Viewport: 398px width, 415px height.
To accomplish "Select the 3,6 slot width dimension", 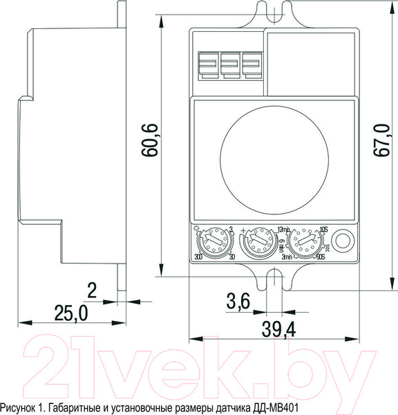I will pyautogui.click(x=240, y=302).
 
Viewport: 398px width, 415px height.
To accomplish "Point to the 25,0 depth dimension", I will pyautogui.click(x=72, y=313).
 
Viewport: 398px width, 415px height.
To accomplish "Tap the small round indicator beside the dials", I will pyautogui.click(x=342, y=243).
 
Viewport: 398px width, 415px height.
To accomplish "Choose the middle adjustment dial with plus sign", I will pyautogui.click(x=256, y=243).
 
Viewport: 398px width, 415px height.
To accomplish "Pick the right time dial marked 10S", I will pyautogui.click(x=304, y=243).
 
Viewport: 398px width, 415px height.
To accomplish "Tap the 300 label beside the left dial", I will pyautogui.click(x=198, y=258).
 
